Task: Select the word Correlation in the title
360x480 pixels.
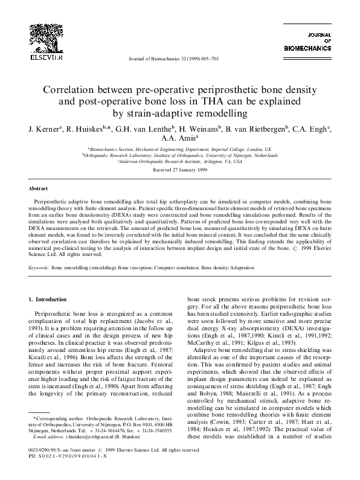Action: pyautogui.click(x=71, y=89)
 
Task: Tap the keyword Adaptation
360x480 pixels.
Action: pyautogui.click(x=241, y=266)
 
